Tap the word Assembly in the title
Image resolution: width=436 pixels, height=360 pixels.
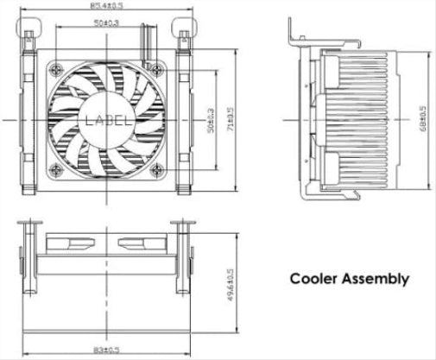coord(376,280)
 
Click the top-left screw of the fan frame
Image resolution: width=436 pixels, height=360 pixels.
coord(58,71)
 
